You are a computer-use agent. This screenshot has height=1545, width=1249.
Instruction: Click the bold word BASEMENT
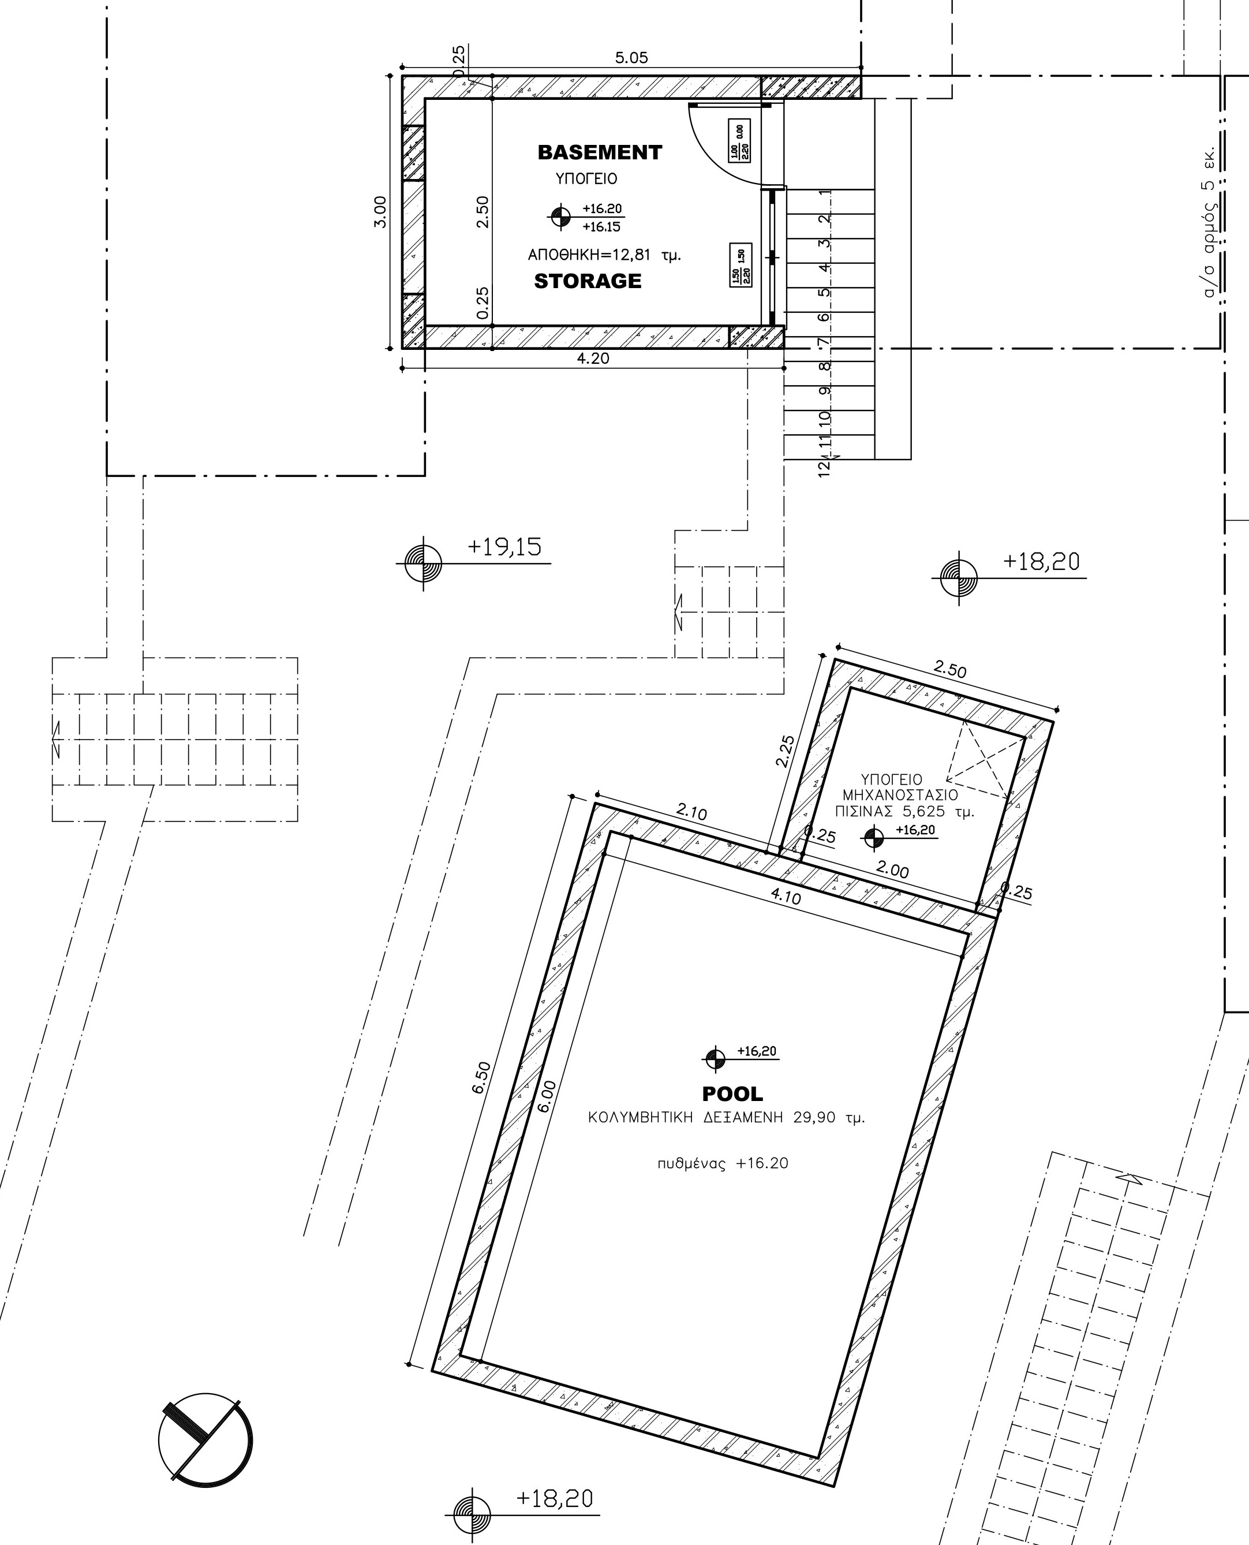[x=599, y=152]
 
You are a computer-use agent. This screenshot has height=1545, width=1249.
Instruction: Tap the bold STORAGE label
[x=587, y=281]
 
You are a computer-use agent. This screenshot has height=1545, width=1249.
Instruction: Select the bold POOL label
[x=732, y=1094]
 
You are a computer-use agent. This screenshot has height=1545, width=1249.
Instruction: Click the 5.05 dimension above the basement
[x=631, y=58]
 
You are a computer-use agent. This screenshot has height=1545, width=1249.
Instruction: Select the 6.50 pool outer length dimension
[x=481, y=1077]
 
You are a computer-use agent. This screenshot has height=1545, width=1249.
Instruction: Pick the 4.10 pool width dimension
[x=785, y=896]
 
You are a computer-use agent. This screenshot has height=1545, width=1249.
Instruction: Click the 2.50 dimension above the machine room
[x=949, y=669]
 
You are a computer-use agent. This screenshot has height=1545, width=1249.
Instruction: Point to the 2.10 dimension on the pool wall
[x=691, y=812]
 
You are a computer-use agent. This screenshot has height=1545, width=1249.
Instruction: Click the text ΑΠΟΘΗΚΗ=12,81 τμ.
[x=604, y=255]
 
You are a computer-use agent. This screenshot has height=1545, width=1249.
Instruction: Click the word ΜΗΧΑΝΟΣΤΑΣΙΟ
[x=900, y=795]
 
